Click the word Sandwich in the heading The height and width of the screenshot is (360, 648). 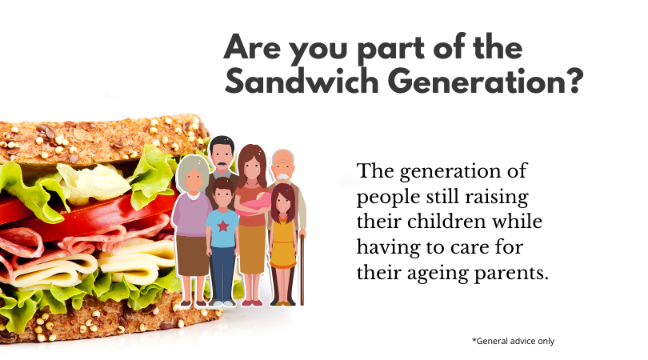(x=302, y=81)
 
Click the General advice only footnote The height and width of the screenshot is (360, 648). (x=514, y=341)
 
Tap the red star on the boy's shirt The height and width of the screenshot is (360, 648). (x=222, y=226)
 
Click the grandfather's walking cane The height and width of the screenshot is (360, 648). (x=302, y=270)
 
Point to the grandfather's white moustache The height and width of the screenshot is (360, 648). (x=283, y=177)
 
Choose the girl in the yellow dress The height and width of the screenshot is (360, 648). (x=283, y=244)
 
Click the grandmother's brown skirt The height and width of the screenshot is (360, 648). (x=193, y=255)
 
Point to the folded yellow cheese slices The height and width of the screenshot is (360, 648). (x=95, y=265)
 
